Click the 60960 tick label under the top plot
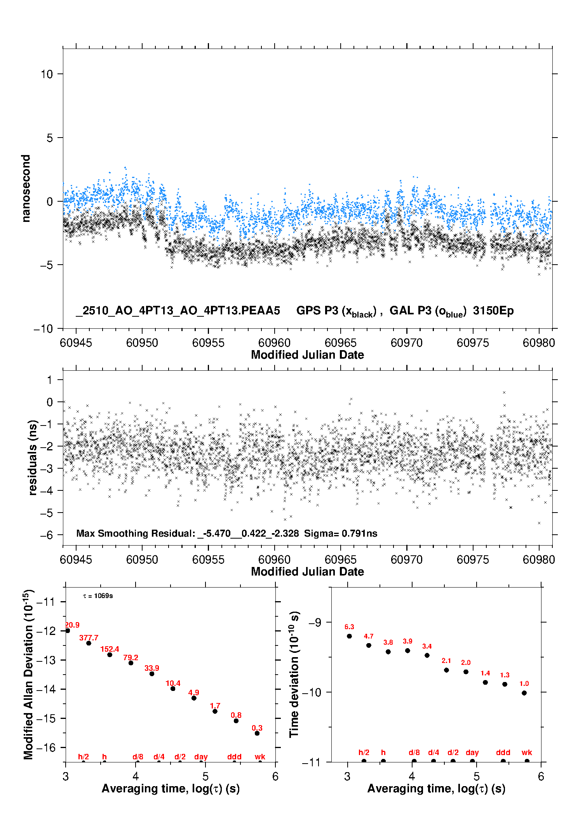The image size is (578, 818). (274, 343)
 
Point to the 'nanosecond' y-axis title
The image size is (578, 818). (26, 188)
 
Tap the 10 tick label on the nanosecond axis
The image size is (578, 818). (47, 74)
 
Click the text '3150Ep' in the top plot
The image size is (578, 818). (493, 311)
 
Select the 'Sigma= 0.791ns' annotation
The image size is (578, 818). (341, 534)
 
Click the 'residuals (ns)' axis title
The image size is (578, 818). (33, 457)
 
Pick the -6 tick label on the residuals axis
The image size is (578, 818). (47, 535)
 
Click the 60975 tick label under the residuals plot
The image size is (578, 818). (473, 560)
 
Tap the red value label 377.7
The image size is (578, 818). (89, 638)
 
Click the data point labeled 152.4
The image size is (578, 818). (110, 655)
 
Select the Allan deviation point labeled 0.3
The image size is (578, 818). (257, 733)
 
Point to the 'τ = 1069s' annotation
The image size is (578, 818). (98, 596)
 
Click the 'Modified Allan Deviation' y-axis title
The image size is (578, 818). (28, 675)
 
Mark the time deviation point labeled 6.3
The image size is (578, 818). (349, 636)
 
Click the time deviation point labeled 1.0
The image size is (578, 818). (524, 693)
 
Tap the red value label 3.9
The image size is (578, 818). (407, 641)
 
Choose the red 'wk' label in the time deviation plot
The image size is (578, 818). (527, 753)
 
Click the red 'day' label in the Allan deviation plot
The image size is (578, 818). (201, 757)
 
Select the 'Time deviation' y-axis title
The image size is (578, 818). (294, 675)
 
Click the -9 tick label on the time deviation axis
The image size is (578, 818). (315, 623)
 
